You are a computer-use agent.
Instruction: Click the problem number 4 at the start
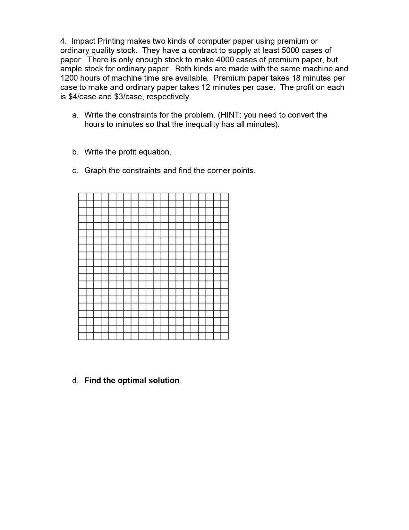tap(63, 41)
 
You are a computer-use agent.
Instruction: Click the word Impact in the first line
tap(83, 41)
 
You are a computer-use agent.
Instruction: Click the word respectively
tap(168, 97)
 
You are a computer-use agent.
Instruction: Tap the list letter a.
tap(75, 115)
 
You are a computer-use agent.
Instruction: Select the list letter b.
tap(75, 152)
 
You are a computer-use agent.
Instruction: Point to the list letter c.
tap(75, 171)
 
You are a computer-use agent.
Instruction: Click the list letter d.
tap(75, 381)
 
